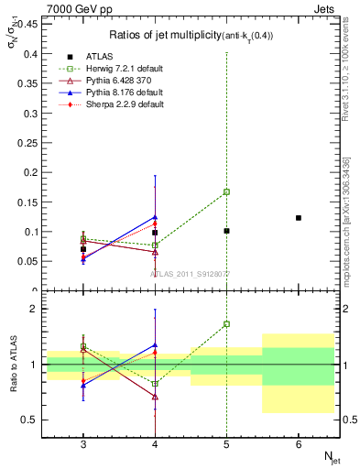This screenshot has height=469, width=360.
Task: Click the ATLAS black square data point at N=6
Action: click(x=299, y=218)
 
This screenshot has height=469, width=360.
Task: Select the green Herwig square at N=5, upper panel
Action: click(x=226, y=192)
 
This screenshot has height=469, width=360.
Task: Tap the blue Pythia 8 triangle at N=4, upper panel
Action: click(x=155, y=217)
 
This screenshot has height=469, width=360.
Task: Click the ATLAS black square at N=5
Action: click(x=226, y=231)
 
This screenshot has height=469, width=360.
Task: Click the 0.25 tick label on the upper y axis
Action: click(x=29, y=143)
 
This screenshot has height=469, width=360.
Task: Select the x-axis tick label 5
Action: click(x=226, y=444)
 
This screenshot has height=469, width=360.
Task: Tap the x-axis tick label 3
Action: click(x=83, y=444)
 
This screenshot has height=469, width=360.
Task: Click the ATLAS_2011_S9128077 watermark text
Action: click(x=191, y=274)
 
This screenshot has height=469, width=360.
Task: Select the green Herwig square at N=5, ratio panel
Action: click(x=226, y=324)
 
